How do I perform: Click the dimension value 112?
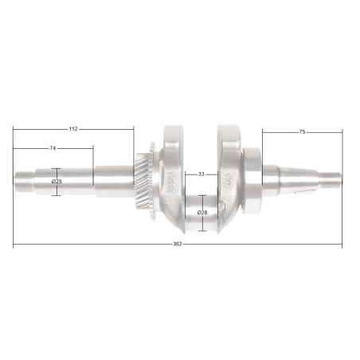coord(72,128)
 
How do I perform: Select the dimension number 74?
coord(53,149)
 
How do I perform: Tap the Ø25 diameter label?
coord(57,182)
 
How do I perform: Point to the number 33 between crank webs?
coord(202,173)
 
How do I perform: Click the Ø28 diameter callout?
coord(202,213)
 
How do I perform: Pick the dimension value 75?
coord(302,131)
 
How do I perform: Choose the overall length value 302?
coord(178,244)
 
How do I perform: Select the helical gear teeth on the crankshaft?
coord(144,178)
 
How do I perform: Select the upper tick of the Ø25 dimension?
coord(57,168)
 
